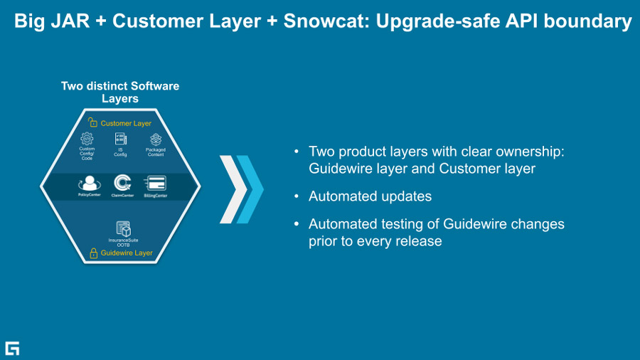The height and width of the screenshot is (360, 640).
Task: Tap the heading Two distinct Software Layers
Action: tap(120, 92)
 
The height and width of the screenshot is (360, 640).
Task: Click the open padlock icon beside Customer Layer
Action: tap(92, 123)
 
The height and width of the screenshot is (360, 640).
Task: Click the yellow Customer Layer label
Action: tap(126, 124)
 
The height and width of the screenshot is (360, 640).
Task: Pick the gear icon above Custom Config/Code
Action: tap(87, 139)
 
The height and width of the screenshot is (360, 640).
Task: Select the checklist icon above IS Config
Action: tap(120, 139)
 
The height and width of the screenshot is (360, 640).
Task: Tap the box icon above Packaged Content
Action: tap(156, 139)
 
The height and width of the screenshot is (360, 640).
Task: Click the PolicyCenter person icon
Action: tap(90, 183)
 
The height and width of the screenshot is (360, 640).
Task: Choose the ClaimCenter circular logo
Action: tap(122, 183)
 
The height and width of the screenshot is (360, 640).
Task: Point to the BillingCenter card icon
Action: tap(155, 184)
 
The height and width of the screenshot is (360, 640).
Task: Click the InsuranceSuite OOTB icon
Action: tap(123, 229)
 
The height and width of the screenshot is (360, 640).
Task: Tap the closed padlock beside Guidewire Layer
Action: tap(93, 253)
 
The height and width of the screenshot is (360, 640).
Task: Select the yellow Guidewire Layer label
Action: tap(127, 253)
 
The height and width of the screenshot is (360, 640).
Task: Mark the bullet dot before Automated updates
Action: tap(297, 196)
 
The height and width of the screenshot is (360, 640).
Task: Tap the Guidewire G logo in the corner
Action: tap(12, 348)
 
